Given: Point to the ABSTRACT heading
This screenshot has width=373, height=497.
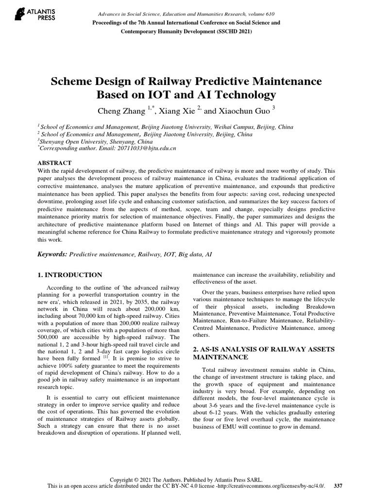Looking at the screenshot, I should [54, 163].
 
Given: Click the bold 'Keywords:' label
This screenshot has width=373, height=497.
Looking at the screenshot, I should [52, 254].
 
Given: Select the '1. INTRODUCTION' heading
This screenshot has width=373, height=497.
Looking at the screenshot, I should [70, 275].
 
